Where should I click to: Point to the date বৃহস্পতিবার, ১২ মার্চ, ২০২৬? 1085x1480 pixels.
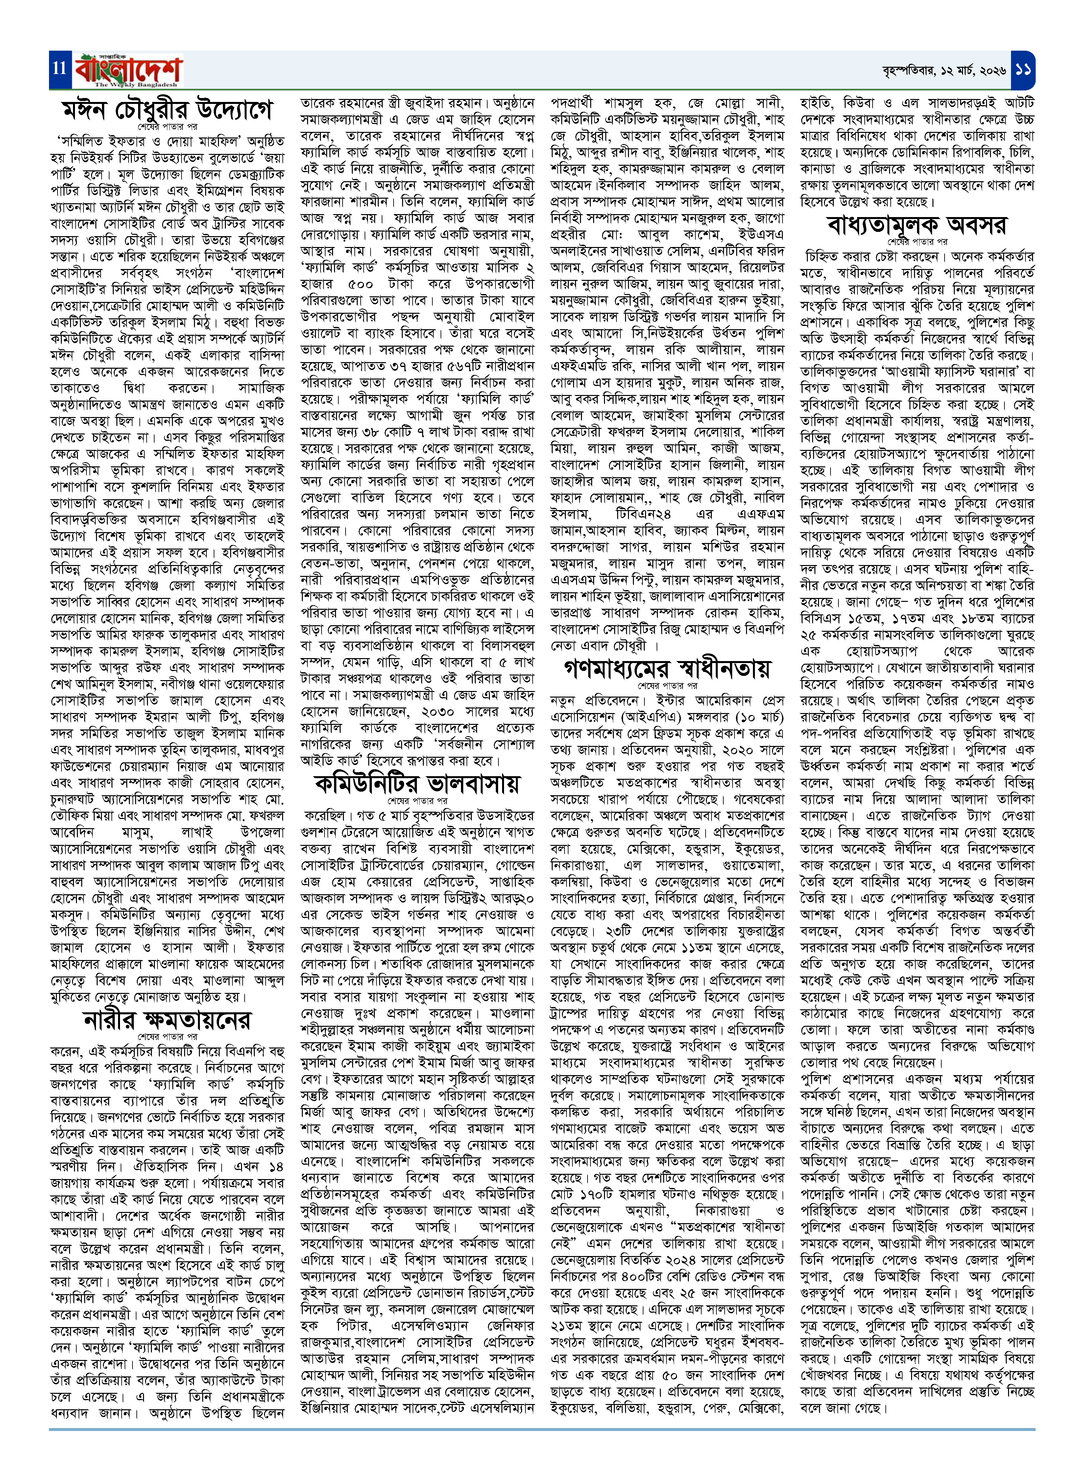tap(944, 70)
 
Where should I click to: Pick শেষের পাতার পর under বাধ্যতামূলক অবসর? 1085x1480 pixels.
tap(917, 242)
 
